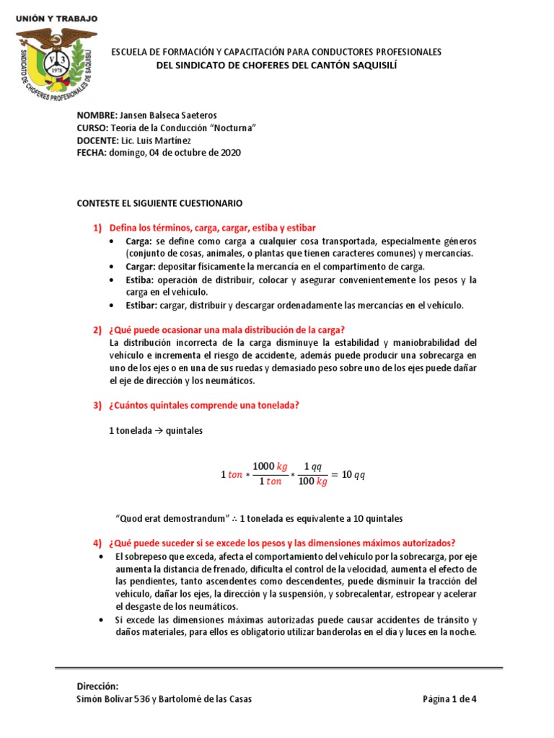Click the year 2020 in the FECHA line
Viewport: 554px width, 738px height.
pyautogui.click(x=231, y=152)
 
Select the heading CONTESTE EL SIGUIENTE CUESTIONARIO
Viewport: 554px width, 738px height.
pyautogui.click(x=159, y=204)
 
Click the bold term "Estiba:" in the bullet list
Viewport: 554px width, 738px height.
pyautogui.click(x=139, y=280)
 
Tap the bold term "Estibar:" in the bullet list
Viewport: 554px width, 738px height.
pyautogui.click(x=142, y=305)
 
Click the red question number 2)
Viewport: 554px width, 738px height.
pyautogui.click(x=98, y=329)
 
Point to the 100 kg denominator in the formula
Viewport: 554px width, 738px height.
pyautogui.click(x=312, y=482)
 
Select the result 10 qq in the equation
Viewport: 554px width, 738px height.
pyautogui.click(x=353, y=475)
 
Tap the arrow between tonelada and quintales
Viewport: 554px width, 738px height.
pyautogui.click(x=158, y=431)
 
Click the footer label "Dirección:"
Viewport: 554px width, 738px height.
pyautogui.click(x=97, y=686)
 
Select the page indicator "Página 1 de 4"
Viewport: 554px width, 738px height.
pyautogui.click(x=449, y=699)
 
